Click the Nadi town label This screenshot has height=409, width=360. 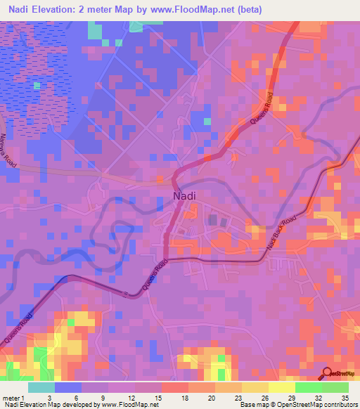[185, 197]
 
